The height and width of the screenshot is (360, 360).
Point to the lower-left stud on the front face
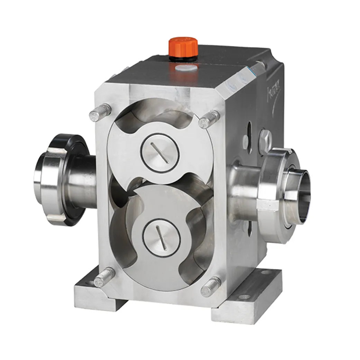pos(104,277)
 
